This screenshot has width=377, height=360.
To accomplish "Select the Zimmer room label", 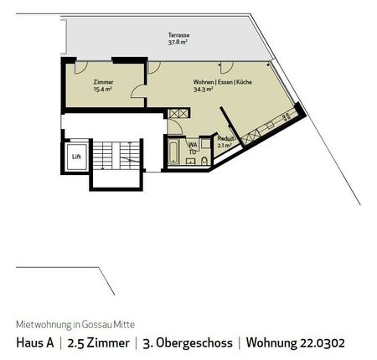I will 104,82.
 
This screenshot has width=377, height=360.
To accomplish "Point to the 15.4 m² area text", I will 104,90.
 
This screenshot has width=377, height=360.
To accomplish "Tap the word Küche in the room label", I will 243,82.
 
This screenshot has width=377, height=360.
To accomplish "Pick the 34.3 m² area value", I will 204,90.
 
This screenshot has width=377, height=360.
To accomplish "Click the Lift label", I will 75,157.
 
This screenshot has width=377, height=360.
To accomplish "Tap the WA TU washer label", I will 192,148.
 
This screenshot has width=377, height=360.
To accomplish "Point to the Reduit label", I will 225,138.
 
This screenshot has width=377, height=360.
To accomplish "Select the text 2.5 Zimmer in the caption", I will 98,342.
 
